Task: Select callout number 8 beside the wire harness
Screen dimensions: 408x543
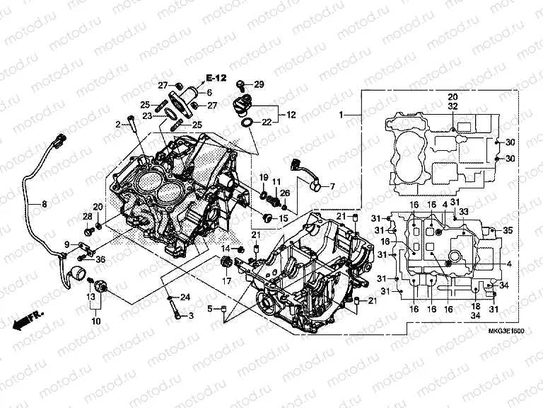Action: (x=44, y=205)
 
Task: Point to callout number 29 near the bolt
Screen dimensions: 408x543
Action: (x=259, y=84)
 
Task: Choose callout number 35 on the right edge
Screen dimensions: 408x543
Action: (x=507, y=231)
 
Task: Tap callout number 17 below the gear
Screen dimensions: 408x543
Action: (x=228, y=280)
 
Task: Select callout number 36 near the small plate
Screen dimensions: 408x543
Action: (x=100, y=259)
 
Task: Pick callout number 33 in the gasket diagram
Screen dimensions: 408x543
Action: (x=464, y=211)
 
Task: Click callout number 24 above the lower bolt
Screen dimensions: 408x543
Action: (x=186, y=297)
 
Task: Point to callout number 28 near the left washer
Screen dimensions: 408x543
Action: (x=87, y=216)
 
